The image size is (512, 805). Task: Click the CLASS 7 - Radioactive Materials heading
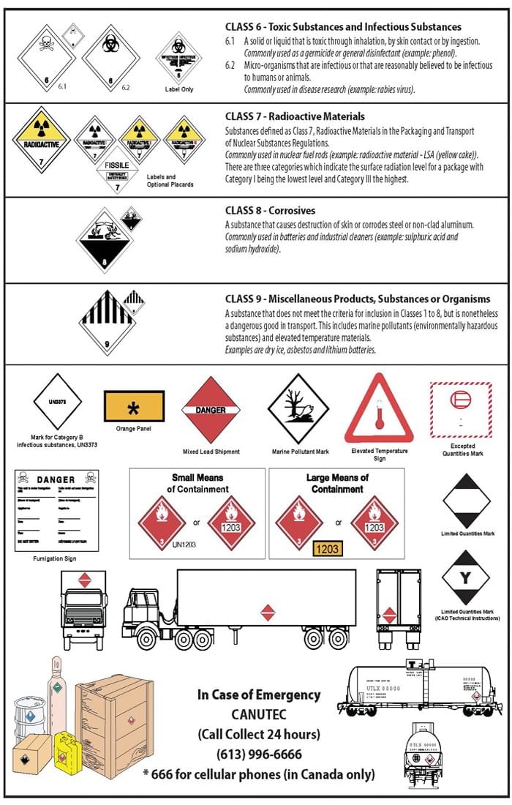point(295,116)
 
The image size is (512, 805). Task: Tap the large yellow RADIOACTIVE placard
point(41,139)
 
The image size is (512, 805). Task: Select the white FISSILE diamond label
point(117,169)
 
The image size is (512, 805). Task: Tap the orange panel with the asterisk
point(134,405)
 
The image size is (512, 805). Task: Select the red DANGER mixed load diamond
point(211,411)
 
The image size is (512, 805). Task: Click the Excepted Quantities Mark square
point(462,411)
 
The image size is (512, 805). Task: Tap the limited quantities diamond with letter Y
point(466,578)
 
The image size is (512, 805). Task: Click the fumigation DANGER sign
point(56,509)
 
